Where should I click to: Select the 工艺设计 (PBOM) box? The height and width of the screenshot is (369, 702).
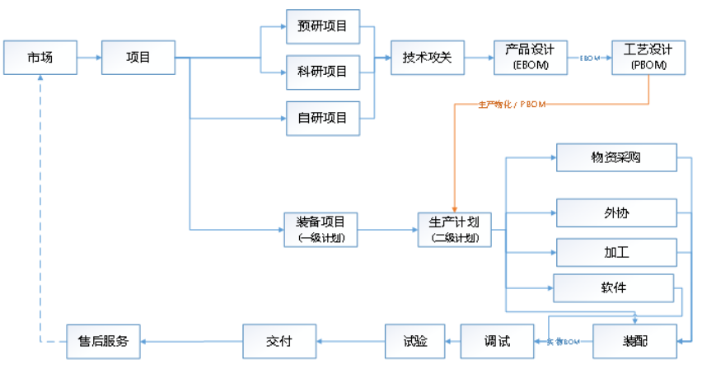pyautogui.click(x=648, y=57)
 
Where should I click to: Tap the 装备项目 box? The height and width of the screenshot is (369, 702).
pyautogui.click(x=321, y=228)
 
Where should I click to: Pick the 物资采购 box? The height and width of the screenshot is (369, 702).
pyautogui.click(x=616, y=157)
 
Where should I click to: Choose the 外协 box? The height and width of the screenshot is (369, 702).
pyautogui.click(x=616, y=213)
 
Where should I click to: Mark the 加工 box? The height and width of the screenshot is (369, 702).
pyautogui.click(x=616, y=252)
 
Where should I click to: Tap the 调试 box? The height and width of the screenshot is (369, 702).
pyautogui.click(x=497, y=340)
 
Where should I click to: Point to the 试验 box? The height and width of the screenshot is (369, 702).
pyautogui.click(x=415, y=340)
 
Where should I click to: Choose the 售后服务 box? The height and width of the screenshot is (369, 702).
pyautogui.click(x=104, y=340)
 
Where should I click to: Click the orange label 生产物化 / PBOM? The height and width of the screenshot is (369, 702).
pyautogui.click(x=512, y=105)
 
